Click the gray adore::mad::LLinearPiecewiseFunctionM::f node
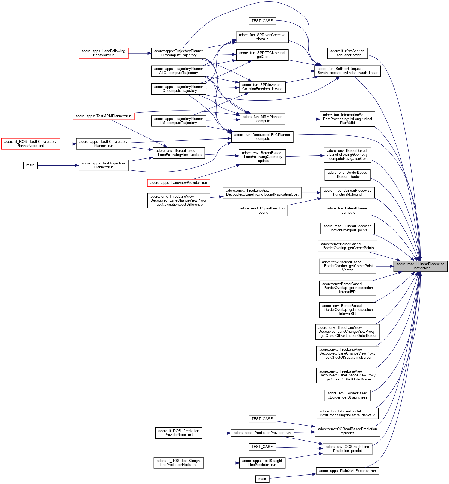(x=420, y=266)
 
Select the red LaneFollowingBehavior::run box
(x=104, y=53)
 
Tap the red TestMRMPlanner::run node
(x=103, y=116)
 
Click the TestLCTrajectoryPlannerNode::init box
(x=30, y=144)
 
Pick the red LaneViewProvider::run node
(x=179, y=183)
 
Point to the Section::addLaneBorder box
(x=347, y=53)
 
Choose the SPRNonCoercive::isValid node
(x=262, y=37)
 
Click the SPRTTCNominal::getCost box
(x=262, y=55)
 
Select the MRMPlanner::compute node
(x=262, y=119)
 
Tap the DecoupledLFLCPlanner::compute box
(x=262, y=137)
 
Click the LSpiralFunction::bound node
(x=262, y=210)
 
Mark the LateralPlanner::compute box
(x=347, y=210)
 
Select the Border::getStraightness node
(x=347, y=395)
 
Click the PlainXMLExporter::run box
(x=347, y=471)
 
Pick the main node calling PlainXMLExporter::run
(x=262, y=479)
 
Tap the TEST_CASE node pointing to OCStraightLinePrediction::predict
(x=262, y=447)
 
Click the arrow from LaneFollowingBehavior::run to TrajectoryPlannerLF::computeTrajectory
(x=140, y=53)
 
